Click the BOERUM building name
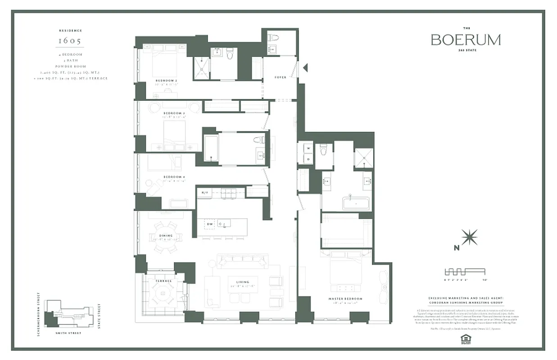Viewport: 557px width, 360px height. point(465,40)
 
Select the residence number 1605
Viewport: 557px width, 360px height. point(70,41)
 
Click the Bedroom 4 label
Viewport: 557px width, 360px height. point(172,177)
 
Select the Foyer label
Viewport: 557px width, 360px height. point(281,77)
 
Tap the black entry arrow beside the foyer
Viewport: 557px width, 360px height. point(305,68)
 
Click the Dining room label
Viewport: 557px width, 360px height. point(166,235)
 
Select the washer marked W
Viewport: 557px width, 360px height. point(309,148)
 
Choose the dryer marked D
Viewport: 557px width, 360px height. point(309,158)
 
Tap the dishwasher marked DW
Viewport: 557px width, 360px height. point(209,224)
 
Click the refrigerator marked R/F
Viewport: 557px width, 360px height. point(204,193)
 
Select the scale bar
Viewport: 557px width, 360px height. point(465,272)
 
